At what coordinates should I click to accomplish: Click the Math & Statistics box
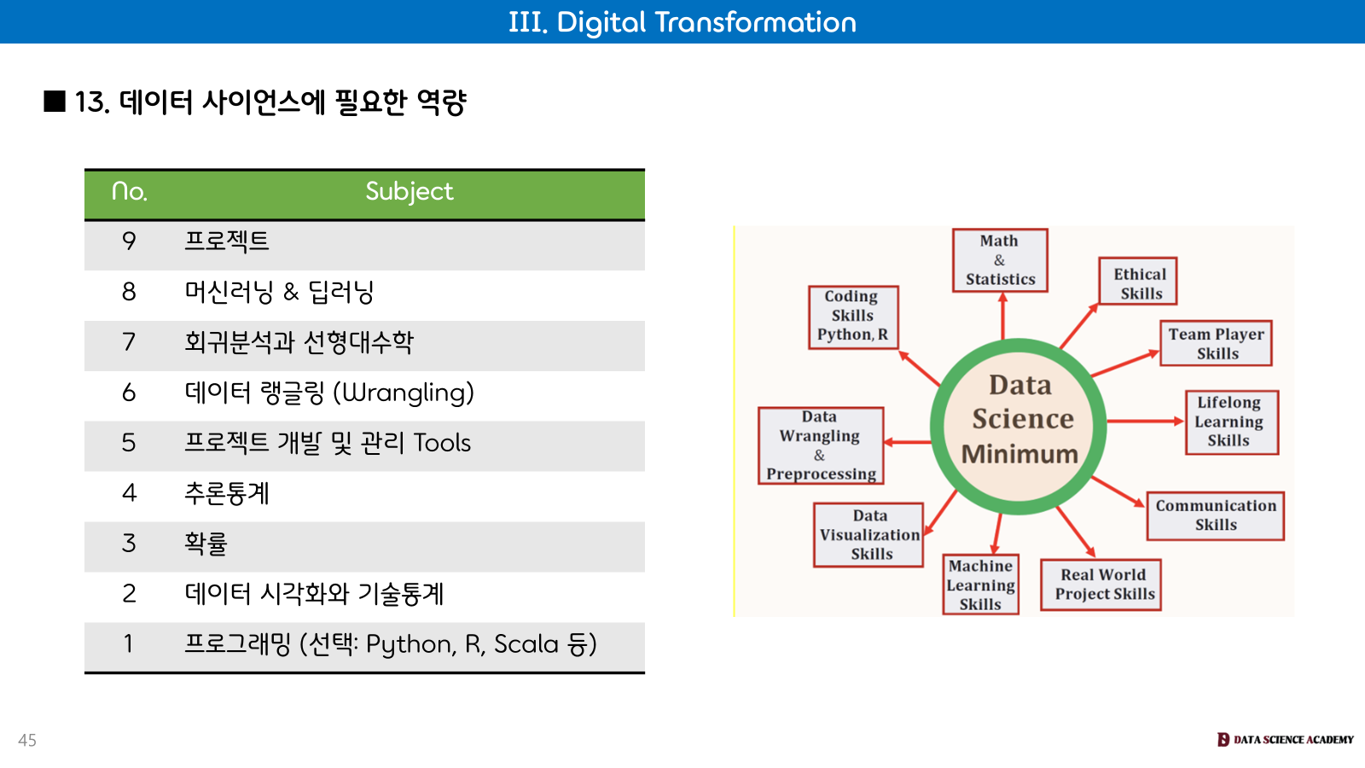[1000, 260]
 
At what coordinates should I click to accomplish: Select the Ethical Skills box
[1138, 281]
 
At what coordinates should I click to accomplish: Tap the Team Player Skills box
[1216, 343]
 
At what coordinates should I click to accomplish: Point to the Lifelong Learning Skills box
[1232, 422]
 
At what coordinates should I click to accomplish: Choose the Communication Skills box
[1215, 515]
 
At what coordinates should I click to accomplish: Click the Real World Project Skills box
[1101, 585]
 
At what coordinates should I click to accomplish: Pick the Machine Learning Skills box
[980, 585]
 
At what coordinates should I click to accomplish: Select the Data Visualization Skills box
[868, 534]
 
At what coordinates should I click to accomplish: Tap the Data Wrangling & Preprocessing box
[821, 445]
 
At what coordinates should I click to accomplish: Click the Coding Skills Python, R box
[853, 317]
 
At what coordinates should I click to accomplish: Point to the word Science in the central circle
[1023, 419]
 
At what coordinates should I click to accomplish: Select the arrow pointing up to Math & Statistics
[1002, 316]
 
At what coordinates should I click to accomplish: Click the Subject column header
[409, 191]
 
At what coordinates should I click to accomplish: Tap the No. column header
[129, 191]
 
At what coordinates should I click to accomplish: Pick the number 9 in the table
[129, 241]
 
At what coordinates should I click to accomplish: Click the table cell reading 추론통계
[227, 493]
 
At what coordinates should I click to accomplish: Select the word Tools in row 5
[442, 443]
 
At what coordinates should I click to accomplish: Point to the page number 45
[27, 740]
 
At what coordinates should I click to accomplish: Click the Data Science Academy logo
[1285, 739]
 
